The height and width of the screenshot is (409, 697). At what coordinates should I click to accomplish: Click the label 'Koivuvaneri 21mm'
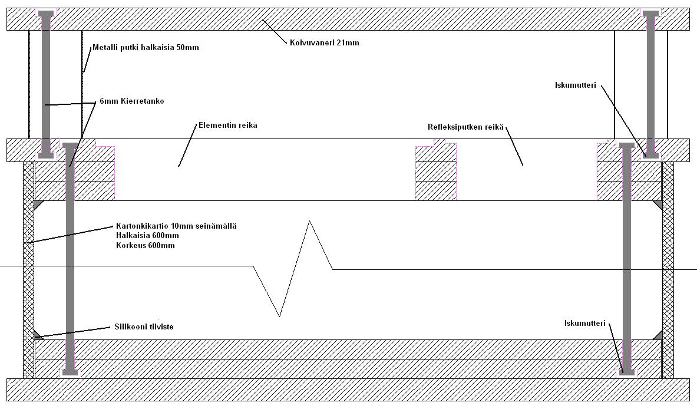324,42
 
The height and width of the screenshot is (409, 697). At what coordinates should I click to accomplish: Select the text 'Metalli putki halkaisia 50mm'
146,47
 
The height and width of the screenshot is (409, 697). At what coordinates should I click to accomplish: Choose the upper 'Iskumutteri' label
576,85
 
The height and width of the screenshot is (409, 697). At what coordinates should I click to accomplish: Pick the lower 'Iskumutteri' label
585,322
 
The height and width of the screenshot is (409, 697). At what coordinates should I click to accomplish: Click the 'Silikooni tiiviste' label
143,326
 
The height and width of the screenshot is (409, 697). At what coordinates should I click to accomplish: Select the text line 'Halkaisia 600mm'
147,236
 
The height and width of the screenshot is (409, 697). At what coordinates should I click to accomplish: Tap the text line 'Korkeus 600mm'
145,245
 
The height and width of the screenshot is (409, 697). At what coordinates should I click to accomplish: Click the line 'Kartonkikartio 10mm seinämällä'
176,226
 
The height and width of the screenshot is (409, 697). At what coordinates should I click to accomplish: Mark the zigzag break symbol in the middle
293,268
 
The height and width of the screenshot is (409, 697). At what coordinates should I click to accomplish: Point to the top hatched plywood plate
348,19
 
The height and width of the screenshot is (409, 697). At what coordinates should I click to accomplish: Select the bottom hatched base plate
348,390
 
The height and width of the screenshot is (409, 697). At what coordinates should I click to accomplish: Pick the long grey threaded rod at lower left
70,259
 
